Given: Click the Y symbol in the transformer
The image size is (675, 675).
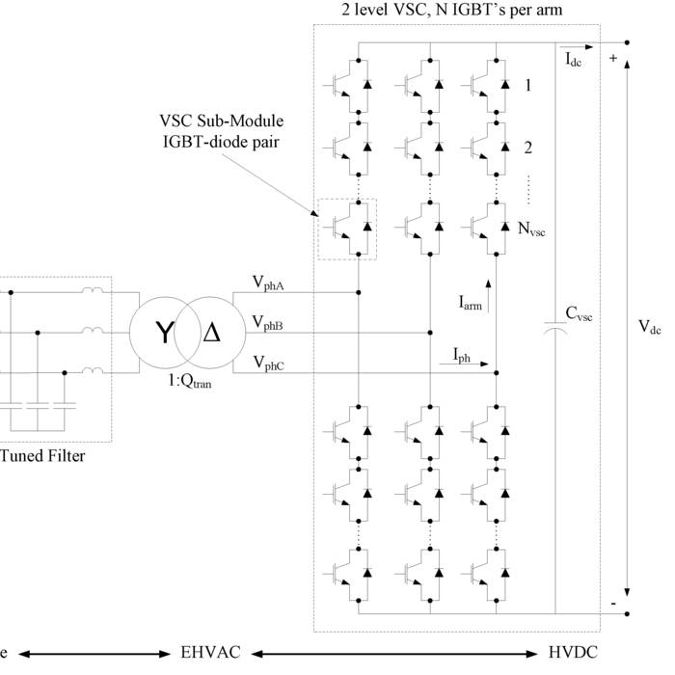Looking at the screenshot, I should [x=166, y=335].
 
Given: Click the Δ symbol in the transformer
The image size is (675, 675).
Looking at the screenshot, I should [x=210, y=335].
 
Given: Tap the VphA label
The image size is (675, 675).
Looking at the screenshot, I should [x=268, y=282].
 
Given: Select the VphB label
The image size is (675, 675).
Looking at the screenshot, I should [x=268, y=322].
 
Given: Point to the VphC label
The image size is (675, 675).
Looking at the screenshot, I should [x=268, y=363].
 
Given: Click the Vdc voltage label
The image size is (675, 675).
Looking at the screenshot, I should [x=649, y=327].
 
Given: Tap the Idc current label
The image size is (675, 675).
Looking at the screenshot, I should [x=576, y=60].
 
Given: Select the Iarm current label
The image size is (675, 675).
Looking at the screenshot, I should [x=470, y=302].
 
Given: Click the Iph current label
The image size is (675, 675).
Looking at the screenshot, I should [x=463, y=356].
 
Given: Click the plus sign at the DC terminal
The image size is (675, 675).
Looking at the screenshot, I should [x=612, y=58].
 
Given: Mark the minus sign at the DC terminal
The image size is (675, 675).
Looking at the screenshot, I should [x=612, y=604].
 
